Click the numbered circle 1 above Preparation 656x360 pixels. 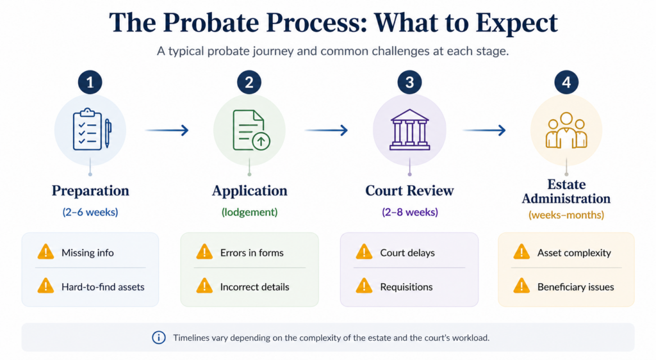(90, 82)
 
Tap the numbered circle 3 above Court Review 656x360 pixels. (409, 82)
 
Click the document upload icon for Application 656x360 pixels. (251, 130)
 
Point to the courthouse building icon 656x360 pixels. (409, 129)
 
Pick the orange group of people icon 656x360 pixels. (566, 130)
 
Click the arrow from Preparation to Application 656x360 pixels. (167, 131)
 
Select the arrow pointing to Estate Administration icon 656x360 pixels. (484, 131)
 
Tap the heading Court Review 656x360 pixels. (409, 191)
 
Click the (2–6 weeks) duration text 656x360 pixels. (90, 212)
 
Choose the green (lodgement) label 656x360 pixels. (249, 212)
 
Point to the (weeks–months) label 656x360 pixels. (566, 215)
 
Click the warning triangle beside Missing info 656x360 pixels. (45, 252)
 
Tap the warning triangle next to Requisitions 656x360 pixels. (364, 286)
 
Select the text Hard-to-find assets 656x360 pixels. (103, 287)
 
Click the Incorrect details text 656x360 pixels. (255, 287)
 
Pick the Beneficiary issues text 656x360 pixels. (576, 287)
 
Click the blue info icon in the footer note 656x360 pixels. (159, 338)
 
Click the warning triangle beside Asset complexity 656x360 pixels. (521, 252)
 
